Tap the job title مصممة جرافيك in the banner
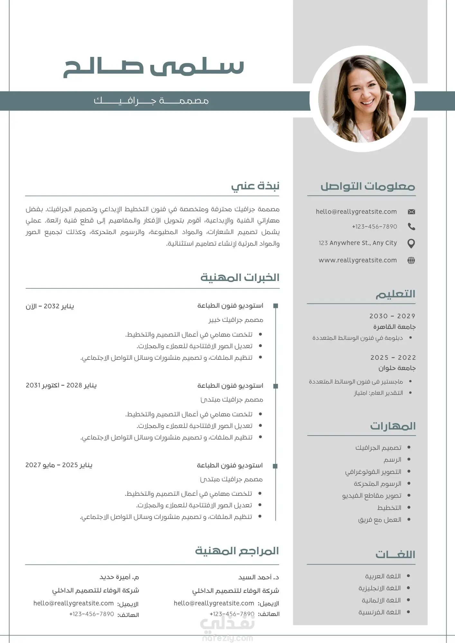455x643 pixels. click(151, 101)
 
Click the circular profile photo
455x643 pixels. click(362, 99)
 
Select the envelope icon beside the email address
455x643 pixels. click(411, 212)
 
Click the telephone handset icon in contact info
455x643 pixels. click(411, 227)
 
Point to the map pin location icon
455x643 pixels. click(411, 243)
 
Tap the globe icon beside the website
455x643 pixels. click(411, 260)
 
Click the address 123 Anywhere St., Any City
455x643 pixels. click(357, 243)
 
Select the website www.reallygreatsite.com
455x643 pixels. click(357, 260)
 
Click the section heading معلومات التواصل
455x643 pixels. click(368, 186)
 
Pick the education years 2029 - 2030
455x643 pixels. click(392, 316)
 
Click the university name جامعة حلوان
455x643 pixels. click(397, 368)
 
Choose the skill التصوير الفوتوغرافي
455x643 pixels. click(373, 472)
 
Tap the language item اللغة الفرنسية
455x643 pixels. click(380, 612)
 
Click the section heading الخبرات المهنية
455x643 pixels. click(240, 277)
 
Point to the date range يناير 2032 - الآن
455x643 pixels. click(50, 306)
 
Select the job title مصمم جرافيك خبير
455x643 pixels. click(236, 320)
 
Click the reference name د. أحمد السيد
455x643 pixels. click(259, 577)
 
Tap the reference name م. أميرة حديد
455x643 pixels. click(119, 577)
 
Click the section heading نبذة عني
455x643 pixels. click(255, 186)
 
